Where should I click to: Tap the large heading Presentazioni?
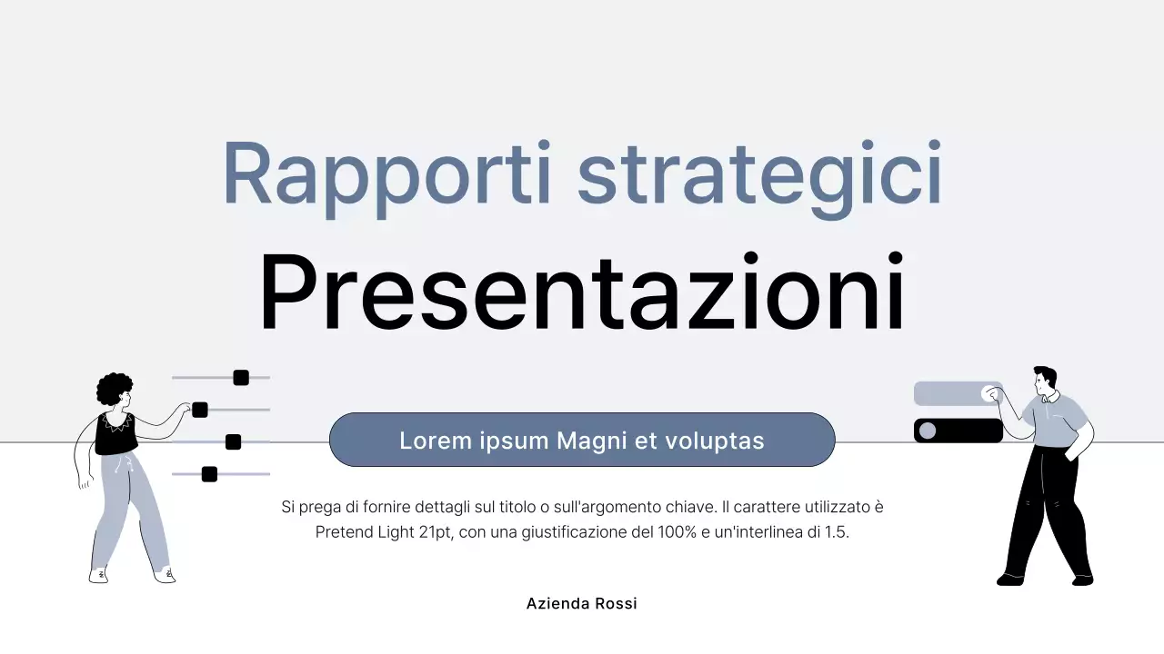tap(582, 292)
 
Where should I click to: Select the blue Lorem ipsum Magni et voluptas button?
tap(582, 441)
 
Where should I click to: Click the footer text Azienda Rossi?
tap(582, 603)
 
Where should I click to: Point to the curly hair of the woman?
tap(113, 388)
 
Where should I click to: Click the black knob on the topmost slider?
tap(241, 378)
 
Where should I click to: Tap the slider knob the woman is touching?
tap(200, 410)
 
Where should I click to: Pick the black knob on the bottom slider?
tap(209, 474)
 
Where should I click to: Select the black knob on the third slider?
tap(233, 441)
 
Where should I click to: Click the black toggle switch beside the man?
tap(958, 431)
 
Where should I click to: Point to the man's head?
tap(1045, 381)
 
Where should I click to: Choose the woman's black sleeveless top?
tap(115, 434)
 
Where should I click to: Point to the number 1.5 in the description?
tap(835, 532)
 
